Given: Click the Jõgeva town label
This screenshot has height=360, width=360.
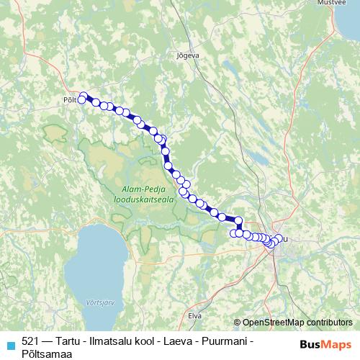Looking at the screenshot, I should pyautogui.click(x=186, y=54).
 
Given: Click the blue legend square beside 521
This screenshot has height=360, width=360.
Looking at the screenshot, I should pyautogui.click(x=9, y=344).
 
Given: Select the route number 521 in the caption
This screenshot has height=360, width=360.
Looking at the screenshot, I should pyautogui.click(x=31, y=341).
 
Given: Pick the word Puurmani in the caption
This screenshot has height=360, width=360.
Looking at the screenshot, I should pyautogui.click(x=217, y=341).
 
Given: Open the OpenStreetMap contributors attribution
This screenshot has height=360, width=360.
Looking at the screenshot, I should pyautogui.click(x=297, y=322).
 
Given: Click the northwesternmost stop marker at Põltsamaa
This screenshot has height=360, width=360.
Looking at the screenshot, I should pyautogui.click(x=84, y=95).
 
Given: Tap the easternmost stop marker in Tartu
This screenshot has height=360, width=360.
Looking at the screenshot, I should pyautogui.click(x=279, y=238).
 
